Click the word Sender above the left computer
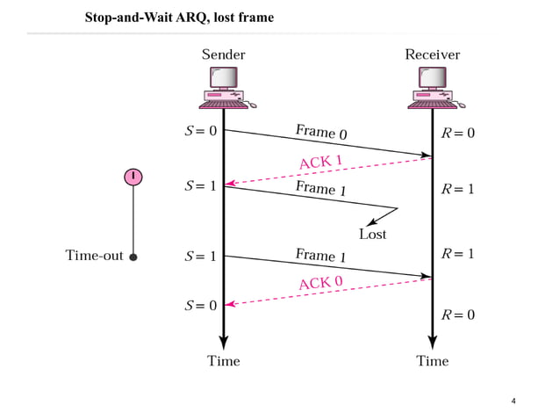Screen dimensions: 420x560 (223, 54)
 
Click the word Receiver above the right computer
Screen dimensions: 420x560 (432, 54)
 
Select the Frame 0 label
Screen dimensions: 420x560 (320, 132)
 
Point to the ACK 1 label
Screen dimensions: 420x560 (320, 161)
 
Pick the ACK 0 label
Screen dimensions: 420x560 (320, 282)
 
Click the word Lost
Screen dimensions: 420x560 (372, 235)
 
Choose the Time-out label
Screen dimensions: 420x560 (94, 257)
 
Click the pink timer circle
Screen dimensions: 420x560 (133, 177)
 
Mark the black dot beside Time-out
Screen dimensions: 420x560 (133, 257)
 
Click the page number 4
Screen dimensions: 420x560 (513, 402)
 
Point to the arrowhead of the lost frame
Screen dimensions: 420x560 (372, 221)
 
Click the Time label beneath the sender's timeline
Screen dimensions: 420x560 (223, 361)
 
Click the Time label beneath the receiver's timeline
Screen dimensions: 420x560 (432, 361)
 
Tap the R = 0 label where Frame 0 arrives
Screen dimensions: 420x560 (457, 134)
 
